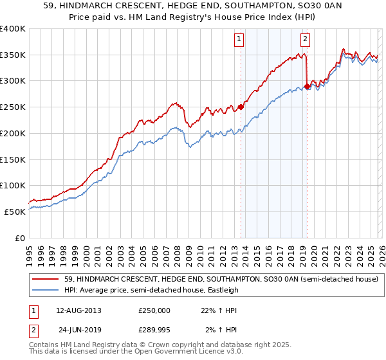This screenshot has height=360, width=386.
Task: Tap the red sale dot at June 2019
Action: click(x=308, y=86)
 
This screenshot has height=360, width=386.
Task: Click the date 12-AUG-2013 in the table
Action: click(x=78, y=310)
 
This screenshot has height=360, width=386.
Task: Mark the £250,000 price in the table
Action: click(x=154, y=310)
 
